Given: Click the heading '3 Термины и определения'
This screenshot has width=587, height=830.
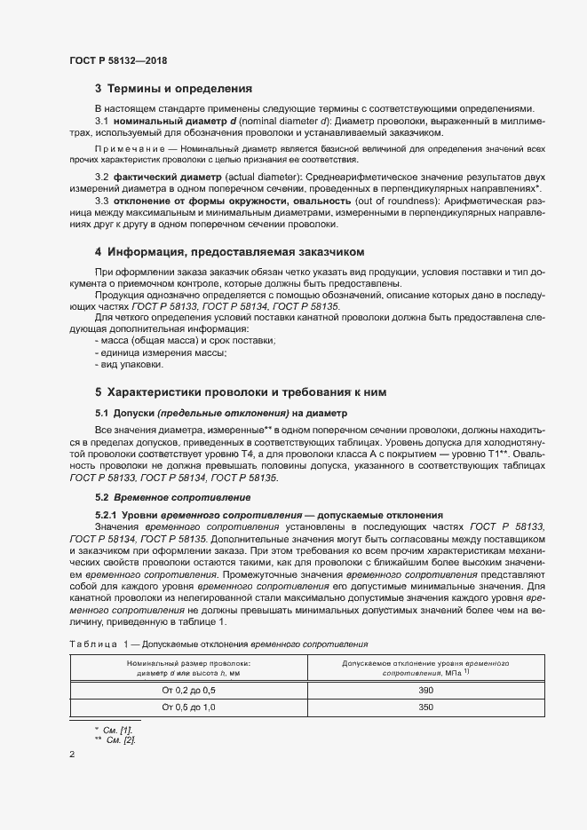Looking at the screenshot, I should coord(173,89).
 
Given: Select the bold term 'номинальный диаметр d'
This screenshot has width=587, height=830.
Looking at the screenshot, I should coord(165,120).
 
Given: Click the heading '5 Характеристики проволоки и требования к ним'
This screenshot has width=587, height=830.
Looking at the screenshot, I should coord(240,391).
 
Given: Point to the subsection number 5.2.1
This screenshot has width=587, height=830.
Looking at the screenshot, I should coord(106,516).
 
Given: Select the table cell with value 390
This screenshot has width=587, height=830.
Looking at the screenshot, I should coord(425,690).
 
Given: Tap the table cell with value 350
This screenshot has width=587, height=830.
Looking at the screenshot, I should coord(425,707).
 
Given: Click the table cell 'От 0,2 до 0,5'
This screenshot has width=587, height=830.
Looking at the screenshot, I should coord(188,690).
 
